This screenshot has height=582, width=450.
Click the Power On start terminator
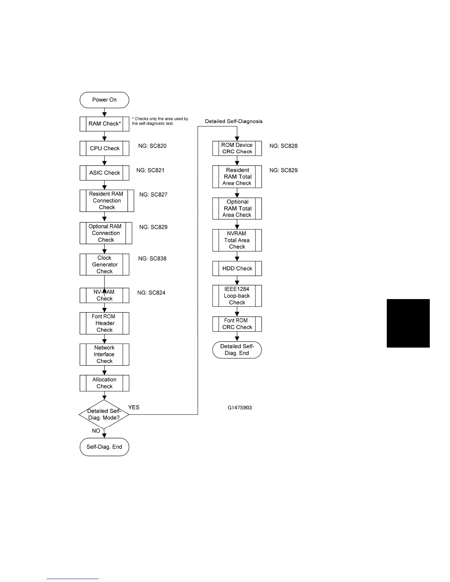pos(104,100)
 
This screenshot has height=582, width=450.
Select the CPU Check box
pos(104,148)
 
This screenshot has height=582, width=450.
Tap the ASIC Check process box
pos(104,173)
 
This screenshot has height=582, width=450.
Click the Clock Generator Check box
pos(104,265)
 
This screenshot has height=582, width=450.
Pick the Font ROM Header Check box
pos(104,323)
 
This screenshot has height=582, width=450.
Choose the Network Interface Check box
pos(104,355)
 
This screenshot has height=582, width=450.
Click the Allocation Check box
pos(104,383)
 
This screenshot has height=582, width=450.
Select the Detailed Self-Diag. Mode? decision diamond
pos(104,414)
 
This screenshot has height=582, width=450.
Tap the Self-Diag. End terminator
pos(104,447)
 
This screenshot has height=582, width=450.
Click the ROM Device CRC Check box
pos(237,148)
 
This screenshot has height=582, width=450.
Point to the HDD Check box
pos(237,269)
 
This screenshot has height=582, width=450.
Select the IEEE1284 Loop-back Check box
pos(237,296)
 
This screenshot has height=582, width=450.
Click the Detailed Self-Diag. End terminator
pos(237,350)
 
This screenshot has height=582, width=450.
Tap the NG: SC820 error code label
pos(152,146)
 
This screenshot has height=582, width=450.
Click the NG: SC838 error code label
pos(152,259)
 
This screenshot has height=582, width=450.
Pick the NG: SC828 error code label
pos(283,146)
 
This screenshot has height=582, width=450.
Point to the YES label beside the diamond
pos(134,407)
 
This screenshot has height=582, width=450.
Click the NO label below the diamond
pos(96,431)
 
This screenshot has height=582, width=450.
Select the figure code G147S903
pos(240,407)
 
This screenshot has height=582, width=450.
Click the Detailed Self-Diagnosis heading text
pos(234,121)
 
